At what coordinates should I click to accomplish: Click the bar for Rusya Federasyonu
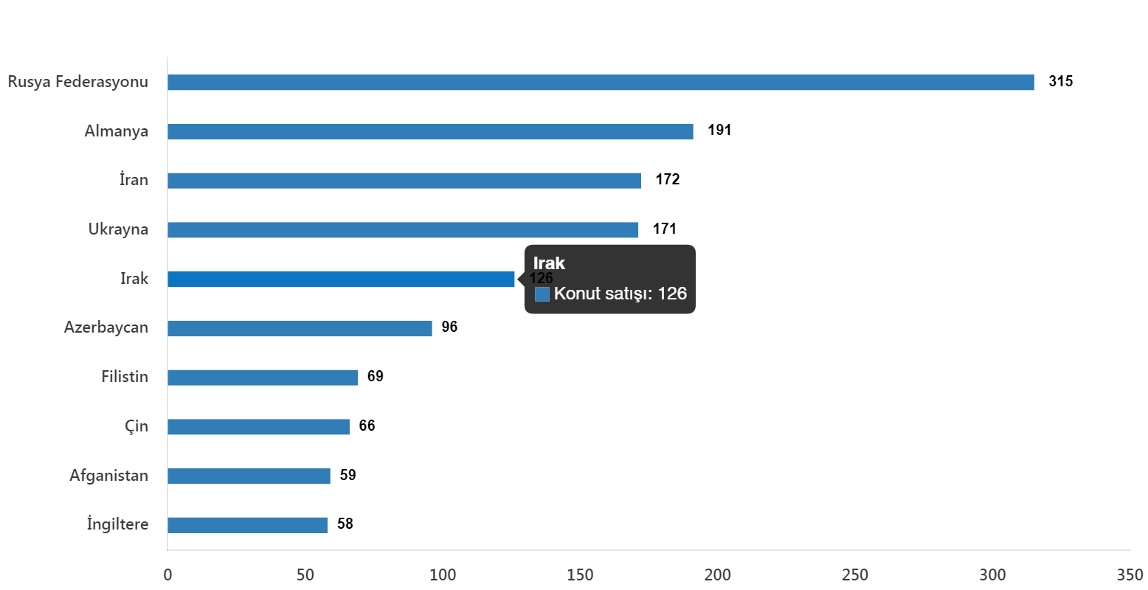[x=601, y=83]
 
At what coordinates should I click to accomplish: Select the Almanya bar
[x=430, y=132]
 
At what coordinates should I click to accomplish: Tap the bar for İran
[x=404, y=181]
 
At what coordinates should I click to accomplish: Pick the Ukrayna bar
[x=403, y=230]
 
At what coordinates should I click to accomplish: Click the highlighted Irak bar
[x=341, y=280]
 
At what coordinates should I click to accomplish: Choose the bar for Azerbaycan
[x=300, y=328]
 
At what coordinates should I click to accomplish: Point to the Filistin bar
[x=263, y=378]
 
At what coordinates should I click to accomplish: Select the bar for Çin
[x=258, y=427]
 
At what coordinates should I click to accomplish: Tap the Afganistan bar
[x=249, y=476]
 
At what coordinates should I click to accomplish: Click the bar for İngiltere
[x=247, y=525]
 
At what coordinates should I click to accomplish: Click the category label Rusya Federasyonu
[x=78, y=82]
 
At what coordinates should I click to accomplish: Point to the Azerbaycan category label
[x=106, y=327]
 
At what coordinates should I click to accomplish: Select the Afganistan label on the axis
[x=109, y=476]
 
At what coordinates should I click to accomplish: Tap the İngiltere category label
[x=118, y=525]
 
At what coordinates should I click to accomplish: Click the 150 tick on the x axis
[x=580, y=575]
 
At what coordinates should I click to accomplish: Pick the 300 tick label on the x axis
[x=992, y=575]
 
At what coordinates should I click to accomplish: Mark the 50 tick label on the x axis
[x=305, y=575]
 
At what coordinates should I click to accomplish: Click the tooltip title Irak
[x=549, y=263]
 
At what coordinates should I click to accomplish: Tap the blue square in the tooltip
[x=542, y=294]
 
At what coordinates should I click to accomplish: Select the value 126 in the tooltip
[x=672, y=294]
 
